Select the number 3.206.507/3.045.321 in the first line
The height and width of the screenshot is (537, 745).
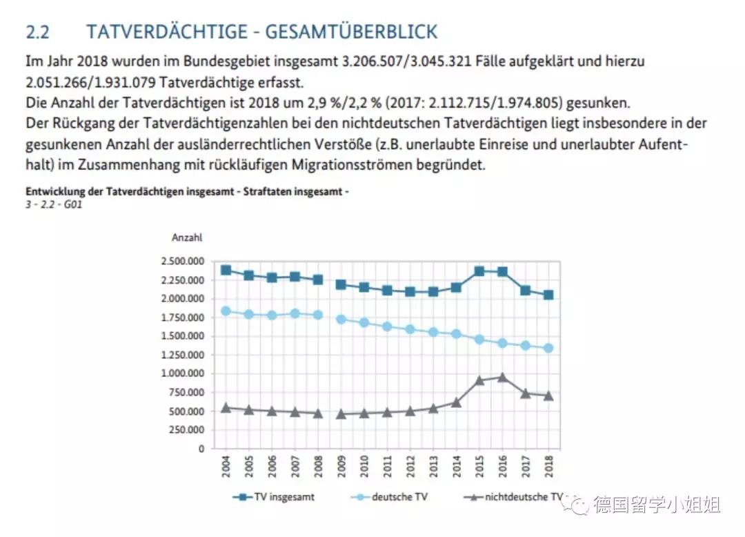pos(406,61)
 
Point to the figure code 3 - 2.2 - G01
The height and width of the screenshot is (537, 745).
pos(54,205)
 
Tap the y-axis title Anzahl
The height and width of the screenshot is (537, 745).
pos(187,237)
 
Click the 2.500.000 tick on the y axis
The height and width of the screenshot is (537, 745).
pos(182,262)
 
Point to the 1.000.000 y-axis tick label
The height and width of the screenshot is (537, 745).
pos(182,373)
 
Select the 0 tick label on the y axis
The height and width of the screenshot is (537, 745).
pos(201,449)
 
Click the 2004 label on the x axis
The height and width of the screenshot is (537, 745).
pos(226,465)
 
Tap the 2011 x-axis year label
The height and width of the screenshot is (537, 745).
pos(388,465)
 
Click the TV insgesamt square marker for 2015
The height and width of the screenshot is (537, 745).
pos(480,271)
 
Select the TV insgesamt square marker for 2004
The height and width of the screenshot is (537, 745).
pos(226,270)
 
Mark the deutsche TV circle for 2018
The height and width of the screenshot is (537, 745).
pos(549,348)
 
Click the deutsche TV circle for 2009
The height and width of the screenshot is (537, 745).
pos(341,320)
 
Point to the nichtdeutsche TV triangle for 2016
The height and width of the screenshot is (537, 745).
pos(503,377)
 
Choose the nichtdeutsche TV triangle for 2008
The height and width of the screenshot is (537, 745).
pos(318,413)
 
